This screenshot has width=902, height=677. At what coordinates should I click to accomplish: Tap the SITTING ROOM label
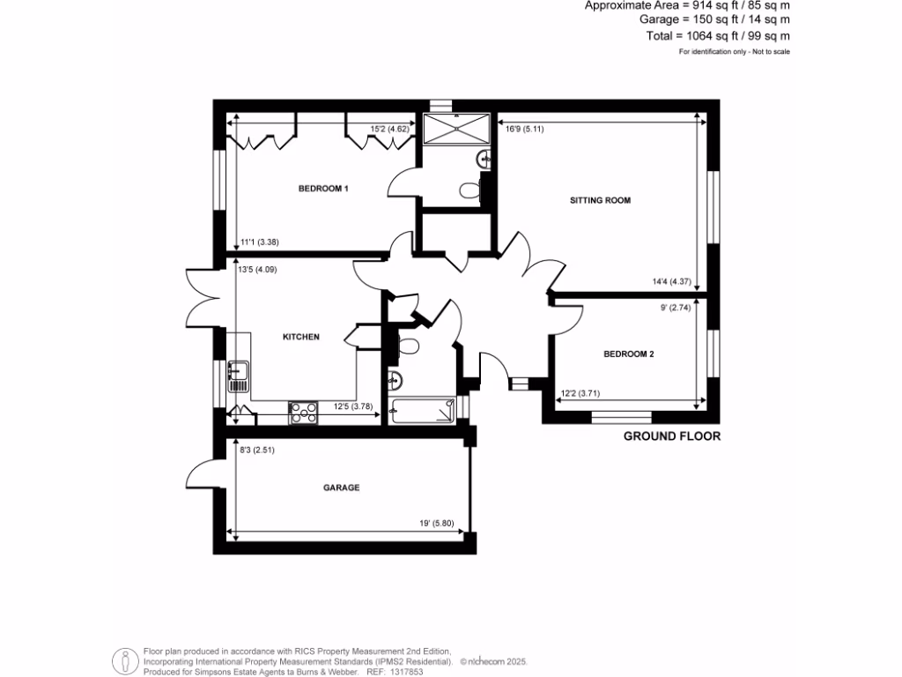pyautogui.click(x=600, y=200)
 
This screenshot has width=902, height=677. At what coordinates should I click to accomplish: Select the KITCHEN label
pyautogui.click(x=300, y=337)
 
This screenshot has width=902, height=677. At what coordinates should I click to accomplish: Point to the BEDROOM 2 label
pyautogui.click(x=628, y=354)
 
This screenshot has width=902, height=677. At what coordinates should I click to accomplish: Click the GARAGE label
pyautogui.click(x=341, y=487)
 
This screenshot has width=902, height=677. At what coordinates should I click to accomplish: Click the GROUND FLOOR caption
pyautogui.click(x=672, y=436)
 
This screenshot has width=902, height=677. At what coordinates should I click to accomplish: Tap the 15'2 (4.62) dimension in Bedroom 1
pyautogui.click(x=388, y=130)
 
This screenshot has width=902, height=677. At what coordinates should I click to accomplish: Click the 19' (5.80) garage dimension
pyautogui.click(x=437, y=523)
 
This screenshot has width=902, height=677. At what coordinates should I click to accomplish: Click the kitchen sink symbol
pyautogui.click(x=238, y=376)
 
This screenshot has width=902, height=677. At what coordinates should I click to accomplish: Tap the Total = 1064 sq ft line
pyautogui.click(x=718, y=36)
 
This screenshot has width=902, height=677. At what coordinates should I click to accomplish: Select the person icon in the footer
pyautogui.click(x=125, y=659)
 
